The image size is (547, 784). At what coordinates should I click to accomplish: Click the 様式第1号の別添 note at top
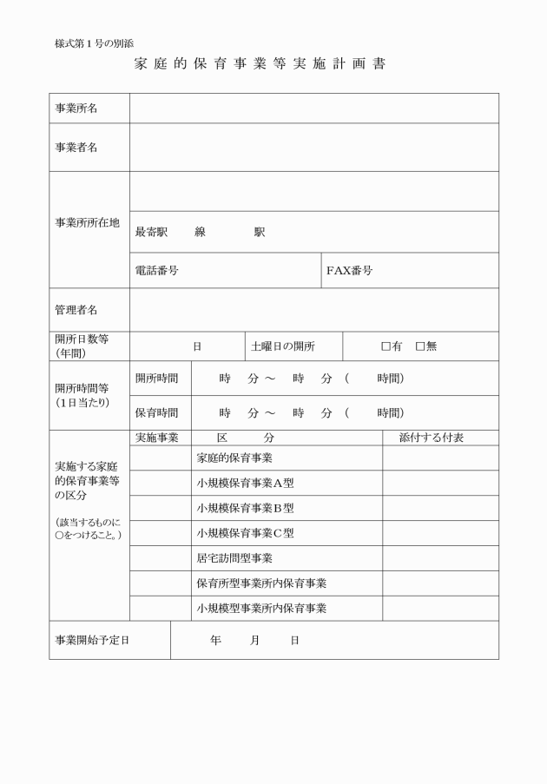pos(93,43)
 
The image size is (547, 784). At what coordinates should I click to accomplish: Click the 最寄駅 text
pos(151,233)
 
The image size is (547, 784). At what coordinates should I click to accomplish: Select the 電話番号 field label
pos(157,271)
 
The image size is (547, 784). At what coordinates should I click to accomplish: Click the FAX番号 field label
pos(350,271)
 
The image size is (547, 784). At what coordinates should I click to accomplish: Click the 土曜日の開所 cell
pos(282,346)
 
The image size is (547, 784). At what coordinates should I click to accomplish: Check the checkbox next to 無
pos(420,346)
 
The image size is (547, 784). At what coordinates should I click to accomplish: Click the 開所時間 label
pos(157,379)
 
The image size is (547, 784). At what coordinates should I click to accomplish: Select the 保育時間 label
pos(157,412)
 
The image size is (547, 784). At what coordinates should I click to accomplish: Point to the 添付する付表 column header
pos(431,438)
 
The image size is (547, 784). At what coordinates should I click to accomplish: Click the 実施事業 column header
pos(157,438)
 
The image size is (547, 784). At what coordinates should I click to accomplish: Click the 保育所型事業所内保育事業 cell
pos(261,583)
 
